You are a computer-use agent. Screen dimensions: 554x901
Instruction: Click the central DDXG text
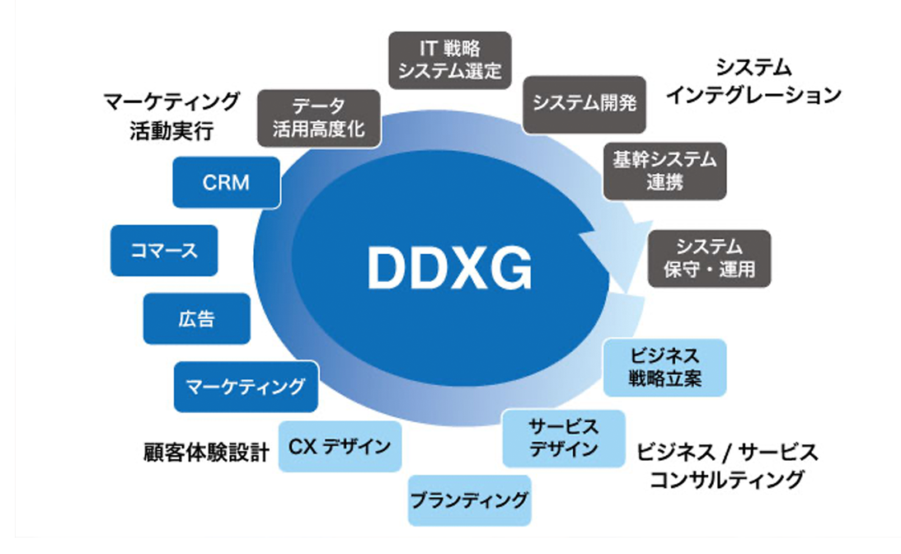448,266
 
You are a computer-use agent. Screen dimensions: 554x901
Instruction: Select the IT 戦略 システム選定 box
449,59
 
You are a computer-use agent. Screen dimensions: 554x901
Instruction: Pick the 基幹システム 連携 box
664,171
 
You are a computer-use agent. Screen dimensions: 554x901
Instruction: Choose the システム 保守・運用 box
709,258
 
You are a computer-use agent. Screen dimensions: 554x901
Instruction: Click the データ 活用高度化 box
318,119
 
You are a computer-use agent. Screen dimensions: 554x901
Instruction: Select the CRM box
225,182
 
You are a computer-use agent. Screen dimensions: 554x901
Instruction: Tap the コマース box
164,250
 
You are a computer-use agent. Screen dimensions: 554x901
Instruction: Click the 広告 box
196,318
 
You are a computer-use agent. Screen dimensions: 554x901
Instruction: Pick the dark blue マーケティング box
246,385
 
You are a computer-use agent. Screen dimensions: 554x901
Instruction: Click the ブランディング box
469,499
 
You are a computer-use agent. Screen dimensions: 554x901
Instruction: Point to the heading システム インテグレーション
753,81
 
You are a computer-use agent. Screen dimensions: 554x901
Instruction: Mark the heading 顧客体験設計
205,452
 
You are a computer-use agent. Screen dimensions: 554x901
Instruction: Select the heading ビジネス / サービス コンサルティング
726,465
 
